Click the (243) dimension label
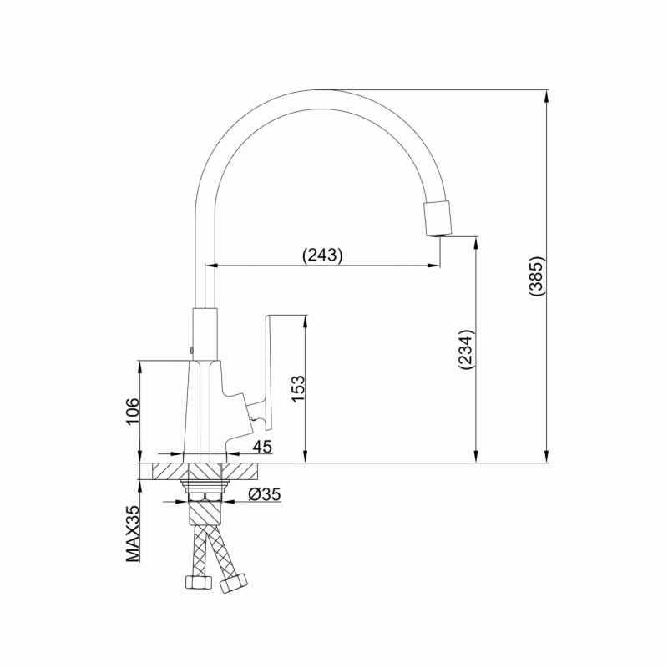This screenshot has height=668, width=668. (x=322, y=255)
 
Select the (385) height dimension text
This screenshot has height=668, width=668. (x=536, y=276)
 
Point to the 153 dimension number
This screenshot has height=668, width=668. (x=298, y=388)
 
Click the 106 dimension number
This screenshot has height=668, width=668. (x=132, y=411)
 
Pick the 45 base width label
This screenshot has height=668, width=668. (x=262, y=447)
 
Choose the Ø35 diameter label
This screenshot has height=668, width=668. (x=265, y=494)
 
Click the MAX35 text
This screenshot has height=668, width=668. (x=133, y=534)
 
